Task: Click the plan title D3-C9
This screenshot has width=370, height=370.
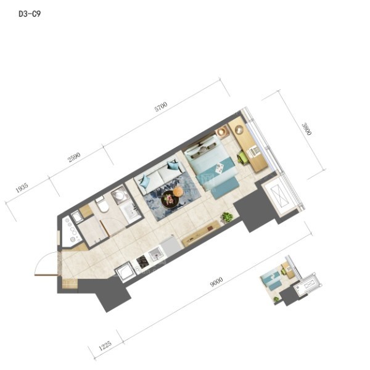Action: coord(30,14)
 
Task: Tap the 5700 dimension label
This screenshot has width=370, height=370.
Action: coord(161,107)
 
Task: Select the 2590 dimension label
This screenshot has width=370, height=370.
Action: coord(74,157)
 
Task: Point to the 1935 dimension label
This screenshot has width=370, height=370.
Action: coord(22,187)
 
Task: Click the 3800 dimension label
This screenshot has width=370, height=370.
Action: coord(306,129)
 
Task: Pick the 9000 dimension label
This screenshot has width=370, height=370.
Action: coord(216,282)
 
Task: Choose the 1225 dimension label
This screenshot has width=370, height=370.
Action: coord(105,345)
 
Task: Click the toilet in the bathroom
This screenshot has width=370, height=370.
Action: coord(102,204)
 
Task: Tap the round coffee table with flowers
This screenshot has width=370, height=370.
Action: coord(170,199)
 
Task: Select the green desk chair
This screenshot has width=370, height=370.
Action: coord(242,157)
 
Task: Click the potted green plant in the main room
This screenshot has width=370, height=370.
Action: coord(226,217)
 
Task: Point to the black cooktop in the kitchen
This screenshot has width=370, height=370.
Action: coord(142,262)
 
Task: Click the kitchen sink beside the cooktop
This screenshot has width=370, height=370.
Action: coord(156,254)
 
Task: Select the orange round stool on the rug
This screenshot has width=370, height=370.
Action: coord(178,191)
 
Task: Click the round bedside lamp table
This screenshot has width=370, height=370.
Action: coord(223,132)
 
